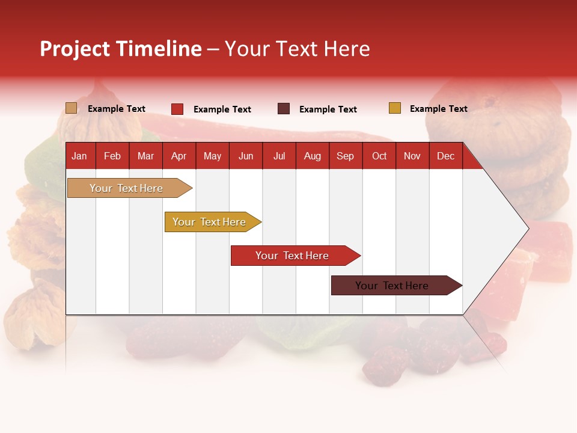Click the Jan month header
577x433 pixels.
click(x=79, y=156)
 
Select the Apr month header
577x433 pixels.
click(x=179, y=156)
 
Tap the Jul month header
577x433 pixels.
click(x=279, y=156)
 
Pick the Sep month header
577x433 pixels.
click(x=345, y=156)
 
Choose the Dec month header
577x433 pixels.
click(x=445, y=156)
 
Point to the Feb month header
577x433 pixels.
click(x=112, y=156)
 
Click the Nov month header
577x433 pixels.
click(x=412, y=156)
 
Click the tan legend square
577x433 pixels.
click(x=72, y=108)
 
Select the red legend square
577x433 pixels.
click(x=177, y=109)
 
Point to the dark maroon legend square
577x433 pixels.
click(x=284, y=109)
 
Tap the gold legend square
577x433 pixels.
click(x=395, y=108)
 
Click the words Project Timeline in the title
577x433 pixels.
click(x=121, y=49)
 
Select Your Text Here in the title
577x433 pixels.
click(x=298, y=49)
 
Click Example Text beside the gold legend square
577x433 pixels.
click(x=438, y=109)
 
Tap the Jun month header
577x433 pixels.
click(x=246, y=156)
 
